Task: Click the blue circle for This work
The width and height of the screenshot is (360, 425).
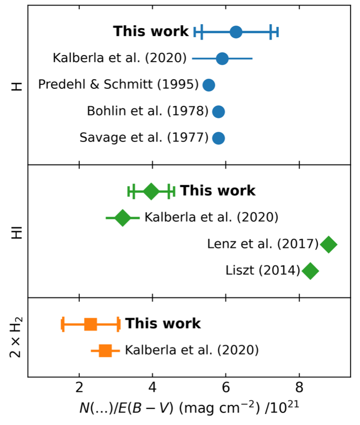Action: pos(236,32)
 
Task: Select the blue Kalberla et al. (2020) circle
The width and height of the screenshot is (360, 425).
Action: pos(222,59)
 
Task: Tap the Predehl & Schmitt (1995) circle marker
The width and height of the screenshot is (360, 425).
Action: pos(209,85)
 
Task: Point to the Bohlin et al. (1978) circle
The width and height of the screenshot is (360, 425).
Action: pos(218,111)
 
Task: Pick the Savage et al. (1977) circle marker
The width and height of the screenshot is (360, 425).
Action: pos(218,137)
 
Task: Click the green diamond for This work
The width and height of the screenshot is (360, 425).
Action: pos(151,191)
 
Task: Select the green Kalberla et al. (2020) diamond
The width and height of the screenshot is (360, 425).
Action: pos(123,218)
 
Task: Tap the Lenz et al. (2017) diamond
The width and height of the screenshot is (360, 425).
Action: pos(329,245)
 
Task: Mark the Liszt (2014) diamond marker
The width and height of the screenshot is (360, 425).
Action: pos(311,271)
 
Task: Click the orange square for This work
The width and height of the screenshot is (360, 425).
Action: pos(90,324)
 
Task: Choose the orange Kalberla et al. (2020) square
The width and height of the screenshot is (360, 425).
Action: pos(105,350)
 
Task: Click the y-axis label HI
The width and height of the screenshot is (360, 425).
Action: pos(17,231)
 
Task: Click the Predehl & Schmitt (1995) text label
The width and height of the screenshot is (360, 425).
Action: pos(118,85)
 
